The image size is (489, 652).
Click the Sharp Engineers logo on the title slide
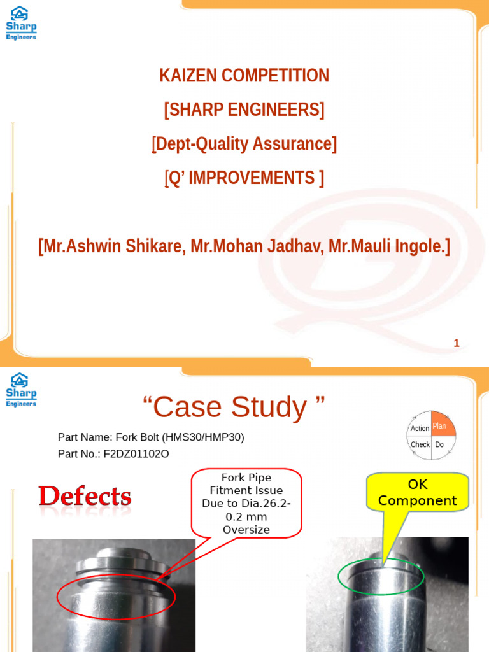click(x=21, y=23)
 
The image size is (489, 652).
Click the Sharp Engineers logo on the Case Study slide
click(x=21, y=390)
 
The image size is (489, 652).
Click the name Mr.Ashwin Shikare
click(x=111, y=246)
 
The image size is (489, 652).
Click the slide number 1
click(x=456, y=343)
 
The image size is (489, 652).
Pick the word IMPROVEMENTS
click(x=252, y=178)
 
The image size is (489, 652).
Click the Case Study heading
click(x=233, y=407)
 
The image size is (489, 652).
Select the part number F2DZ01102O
click(x=136, y=454)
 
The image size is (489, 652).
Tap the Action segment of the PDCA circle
click(x=420, y=429)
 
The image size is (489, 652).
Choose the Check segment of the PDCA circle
click(x=420, y=444)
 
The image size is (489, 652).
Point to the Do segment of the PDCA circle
click(x=439, y=444)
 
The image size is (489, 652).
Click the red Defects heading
click(x=85, y=497)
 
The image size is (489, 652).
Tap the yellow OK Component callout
click(x=417, y=493)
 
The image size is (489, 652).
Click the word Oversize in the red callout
click(x=246, y=530)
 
